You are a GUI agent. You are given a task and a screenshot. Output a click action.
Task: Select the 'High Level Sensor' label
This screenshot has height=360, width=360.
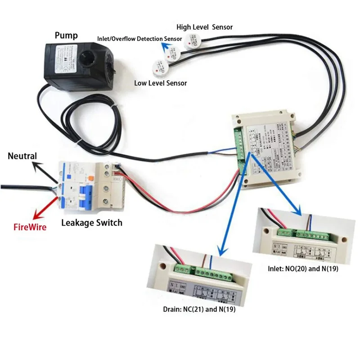pyautogui.click(x=204, y=27)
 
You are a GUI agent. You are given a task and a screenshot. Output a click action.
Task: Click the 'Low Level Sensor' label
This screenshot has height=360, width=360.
pyautogui.click(x=160, y=83)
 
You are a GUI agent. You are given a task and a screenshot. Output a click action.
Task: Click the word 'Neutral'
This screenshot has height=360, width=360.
pyautogui.click(x=22, y=156)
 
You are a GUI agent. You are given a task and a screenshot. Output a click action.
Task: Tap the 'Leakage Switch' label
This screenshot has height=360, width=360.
pyautogui.click(x=91, y=223)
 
